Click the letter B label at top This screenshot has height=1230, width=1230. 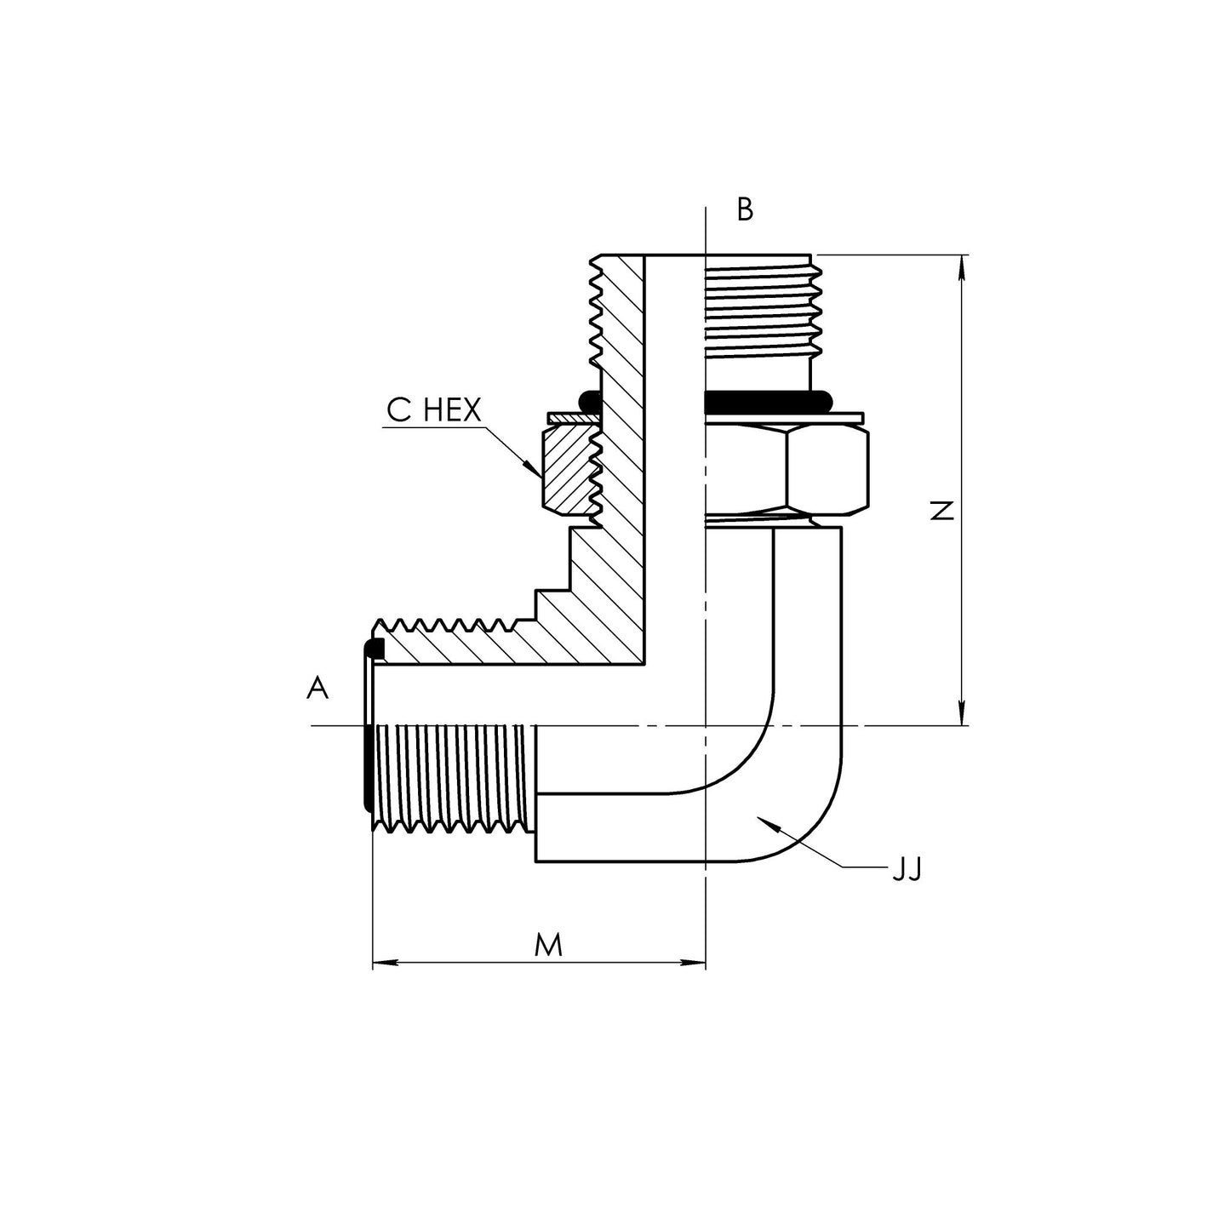click(x=745, y=209)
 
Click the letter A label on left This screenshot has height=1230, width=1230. click(x=318, y=688)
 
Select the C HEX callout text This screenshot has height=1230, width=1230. click(x=433, y=410)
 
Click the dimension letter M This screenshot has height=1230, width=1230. click(x=548, y=944)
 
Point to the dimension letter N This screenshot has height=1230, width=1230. click(x=941, y=511)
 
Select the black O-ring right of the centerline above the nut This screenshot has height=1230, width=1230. click(x=766, y=399)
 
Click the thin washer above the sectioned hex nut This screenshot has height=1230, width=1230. click(x=570, y=418)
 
